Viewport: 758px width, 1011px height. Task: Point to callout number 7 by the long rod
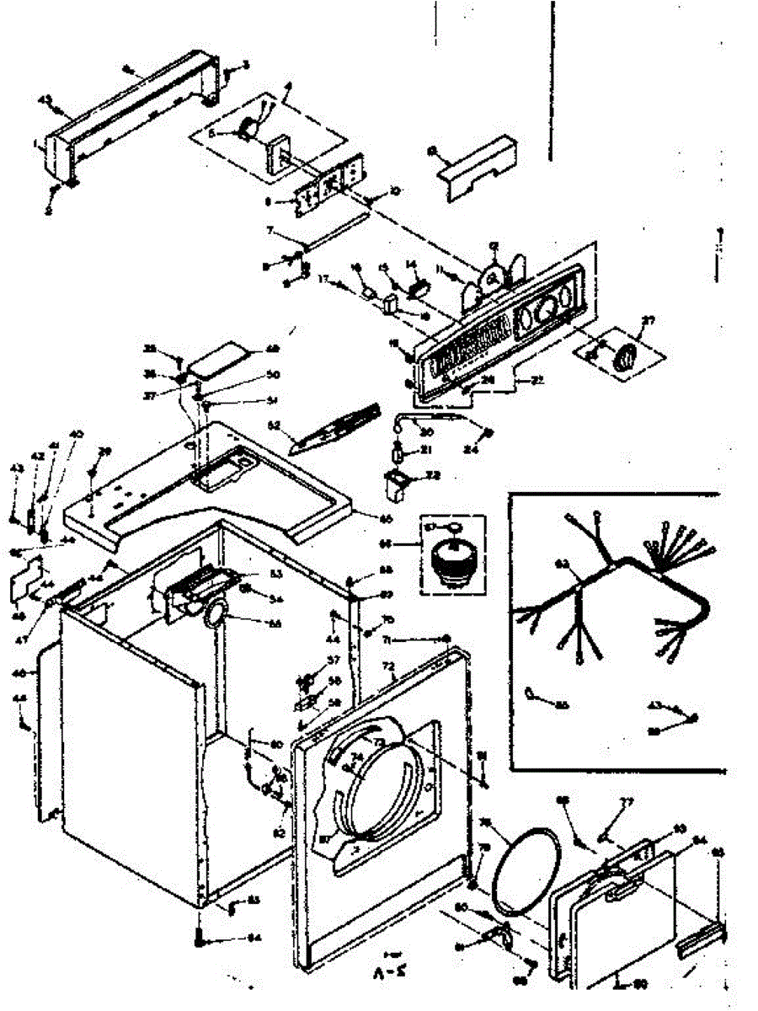point(270,229)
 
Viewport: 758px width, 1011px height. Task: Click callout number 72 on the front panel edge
point(388,666)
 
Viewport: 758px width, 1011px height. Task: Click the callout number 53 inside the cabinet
point(251,574)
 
